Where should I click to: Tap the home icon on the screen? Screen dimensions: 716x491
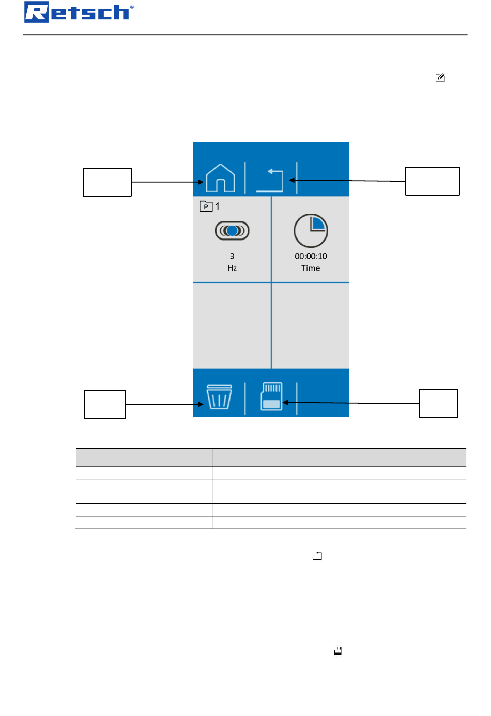point(220,178)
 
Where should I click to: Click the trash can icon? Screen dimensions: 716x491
point(219,396)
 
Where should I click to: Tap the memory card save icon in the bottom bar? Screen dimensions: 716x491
point(272,396)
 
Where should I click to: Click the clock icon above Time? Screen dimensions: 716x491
point(311,231)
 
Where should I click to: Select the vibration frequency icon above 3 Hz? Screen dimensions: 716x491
point(232,231)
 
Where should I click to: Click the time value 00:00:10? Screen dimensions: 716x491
point(311,256)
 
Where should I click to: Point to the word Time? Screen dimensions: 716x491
point(311,268)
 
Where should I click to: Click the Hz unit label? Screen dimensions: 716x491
point(232,268)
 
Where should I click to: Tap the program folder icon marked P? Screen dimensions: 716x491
point(206,206)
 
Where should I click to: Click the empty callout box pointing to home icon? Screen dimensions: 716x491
point(107,182)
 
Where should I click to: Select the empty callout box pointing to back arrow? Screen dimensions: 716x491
point(432,181)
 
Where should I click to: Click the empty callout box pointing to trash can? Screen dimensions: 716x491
point(105,404)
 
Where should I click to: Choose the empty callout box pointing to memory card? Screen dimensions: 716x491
point(438,404)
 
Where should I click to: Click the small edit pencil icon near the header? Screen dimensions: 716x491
point(440,78)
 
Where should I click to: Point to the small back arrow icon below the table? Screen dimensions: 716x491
point(317,556)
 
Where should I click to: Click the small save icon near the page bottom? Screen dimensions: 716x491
point(338,651)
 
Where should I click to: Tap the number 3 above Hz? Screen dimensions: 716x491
point(232,256)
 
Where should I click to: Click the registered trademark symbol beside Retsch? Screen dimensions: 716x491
point(132,7)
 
